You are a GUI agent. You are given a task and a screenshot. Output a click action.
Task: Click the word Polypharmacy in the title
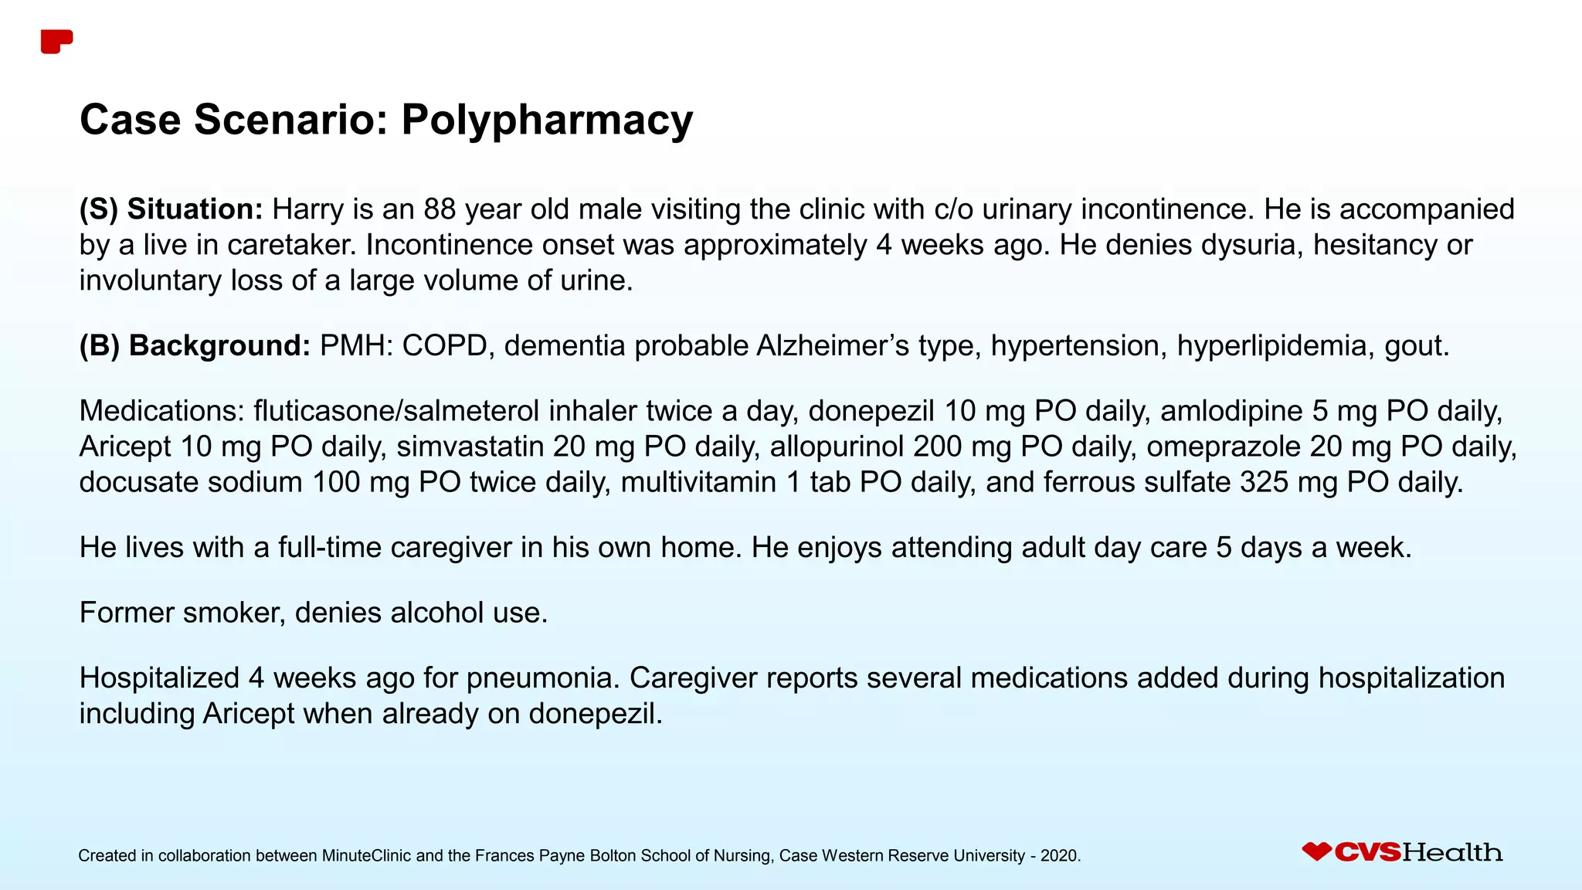[x=546, y=121]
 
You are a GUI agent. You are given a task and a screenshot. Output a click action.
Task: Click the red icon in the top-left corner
[x=56, y=42]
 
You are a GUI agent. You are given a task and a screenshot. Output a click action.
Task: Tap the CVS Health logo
[x=1402, y=852]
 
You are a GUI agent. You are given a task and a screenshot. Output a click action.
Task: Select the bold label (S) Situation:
[x=171, y=209]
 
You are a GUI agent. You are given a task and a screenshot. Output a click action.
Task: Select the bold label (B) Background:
[x=195, y=345]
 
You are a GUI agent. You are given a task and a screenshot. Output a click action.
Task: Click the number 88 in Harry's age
[x=440, y=209]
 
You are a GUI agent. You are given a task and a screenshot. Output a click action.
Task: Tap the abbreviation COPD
[x=444, y=345]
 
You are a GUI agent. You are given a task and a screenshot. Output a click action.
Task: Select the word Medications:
[x=161, y=411]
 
